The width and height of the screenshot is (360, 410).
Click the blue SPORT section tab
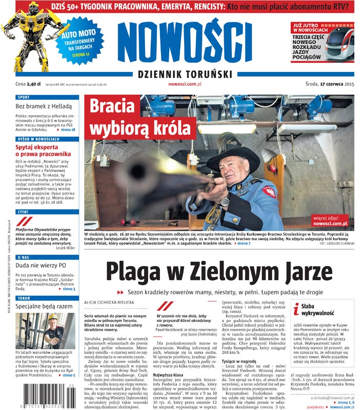23,97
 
